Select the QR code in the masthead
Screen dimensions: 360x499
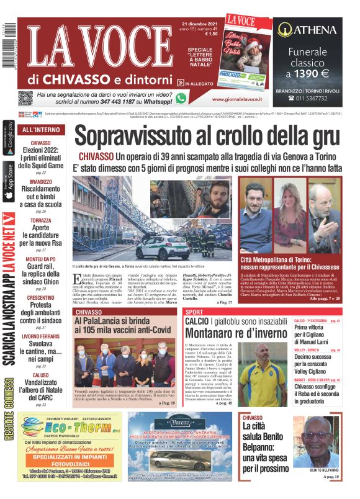point(25,98)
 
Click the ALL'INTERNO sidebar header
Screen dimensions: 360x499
point(41,130)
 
